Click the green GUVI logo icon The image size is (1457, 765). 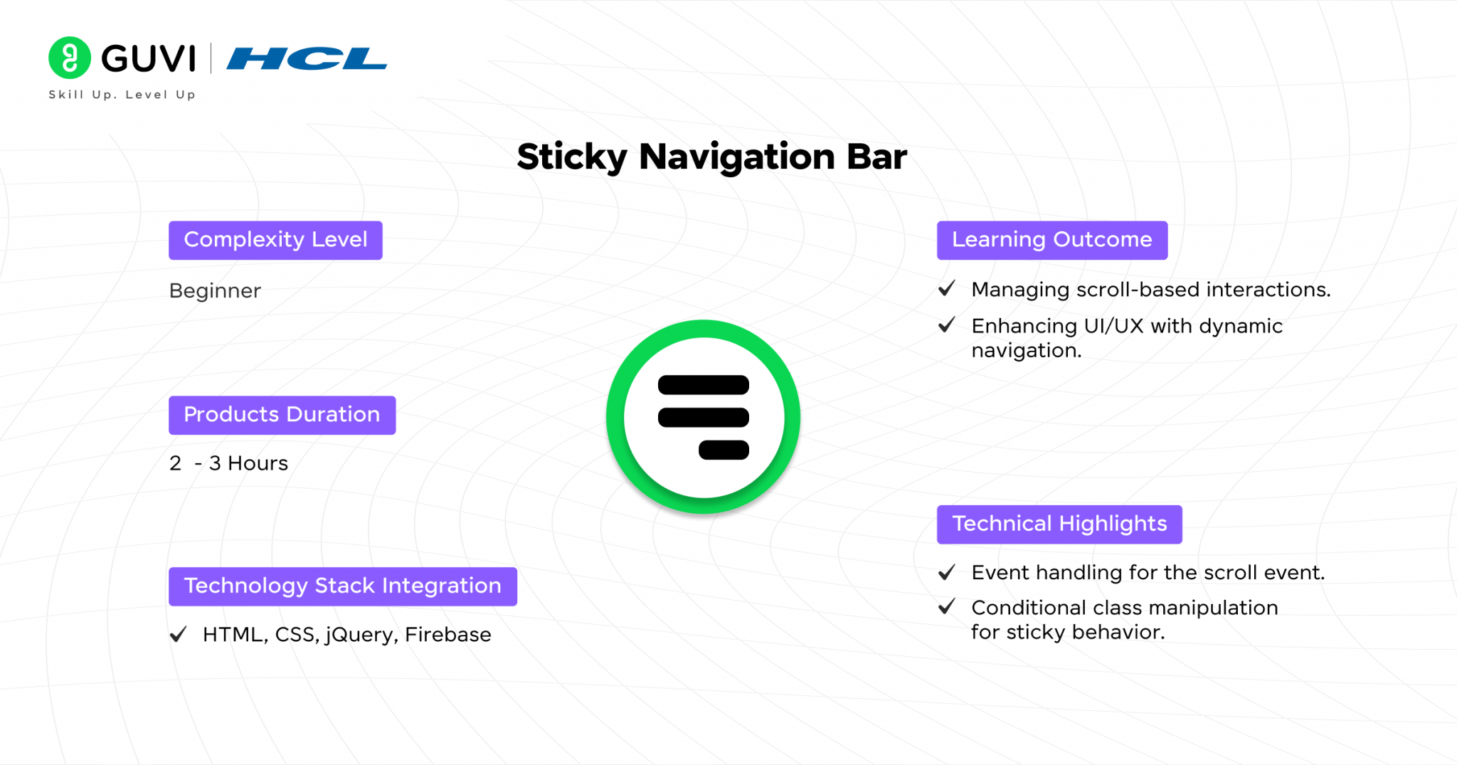coord(69,58)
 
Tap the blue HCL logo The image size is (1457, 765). coord(307,58)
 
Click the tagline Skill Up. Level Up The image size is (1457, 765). coord(122,95)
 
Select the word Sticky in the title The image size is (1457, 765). coord(571,157)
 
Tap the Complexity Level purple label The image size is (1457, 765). coord(275,240)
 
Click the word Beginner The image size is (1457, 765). coord(215,290)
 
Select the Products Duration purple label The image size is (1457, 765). coord(282,415)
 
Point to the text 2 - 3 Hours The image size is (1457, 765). coord(228,463)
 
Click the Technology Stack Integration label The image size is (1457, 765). coord(342,586)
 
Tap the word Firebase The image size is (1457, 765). coord(447,634)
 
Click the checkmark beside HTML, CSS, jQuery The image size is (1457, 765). coord(179,633)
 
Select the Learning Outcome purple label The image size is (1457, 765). coord(1051,240)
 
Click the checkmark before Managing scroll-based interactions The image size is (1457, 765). coord(946,288)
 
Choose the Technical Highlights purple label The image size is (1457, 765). coord(1059,524)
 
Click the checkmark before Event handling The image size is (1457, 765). coord(946,572)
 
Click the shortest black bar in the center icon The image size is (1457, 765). coord(724,450)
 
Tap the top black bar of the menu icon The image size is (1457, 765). coord(703,385)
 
